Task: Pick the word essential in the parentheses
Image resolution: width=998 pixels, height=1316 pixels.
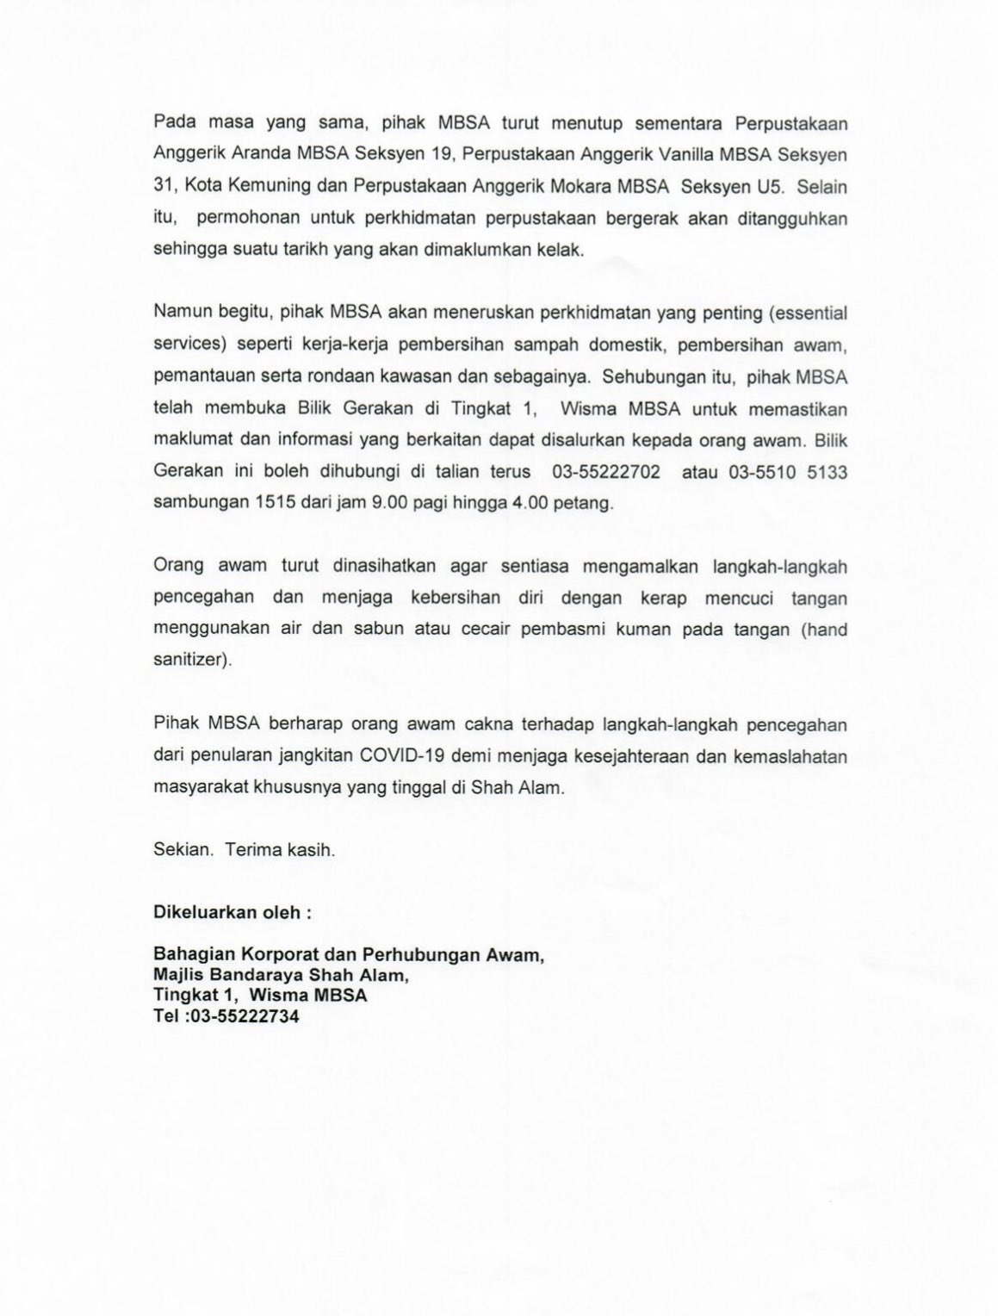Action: tap(800, 314)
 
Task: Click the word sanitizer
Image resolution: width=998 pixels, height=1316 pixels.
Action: tap(189, 661)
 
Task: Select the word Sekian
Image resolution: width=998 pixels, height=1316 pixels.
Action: tap(182, 850)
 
